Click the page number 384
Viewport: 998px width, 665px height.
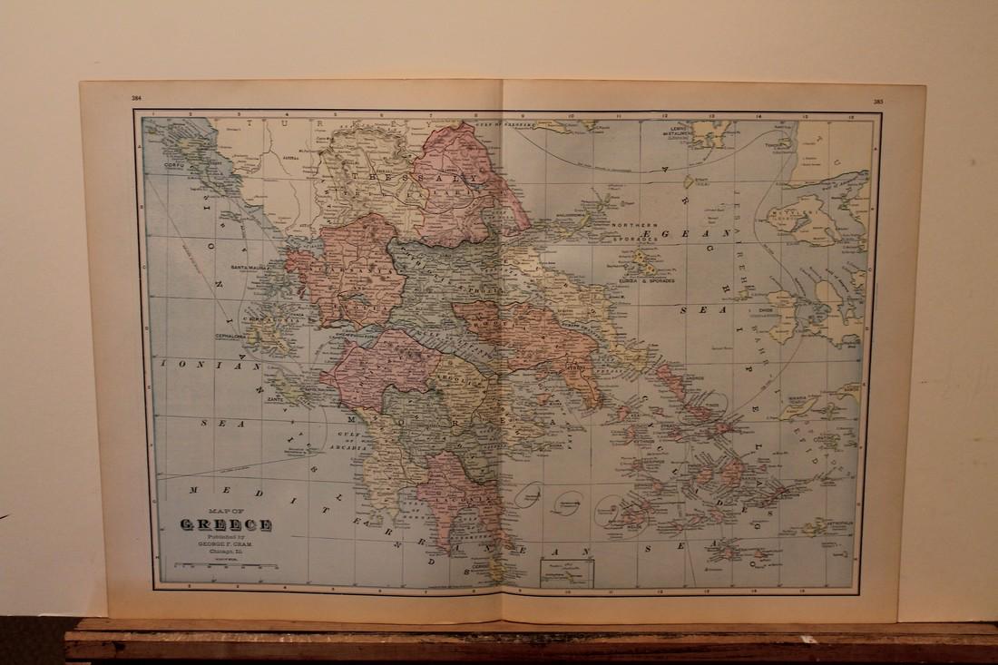(136, 96)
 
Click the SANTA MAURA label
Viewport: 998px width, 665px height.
(251, 268)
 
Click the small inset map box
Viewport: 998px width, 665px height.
(566, 572)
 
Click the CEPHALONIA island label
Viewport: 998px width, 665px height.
(231, 334)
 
